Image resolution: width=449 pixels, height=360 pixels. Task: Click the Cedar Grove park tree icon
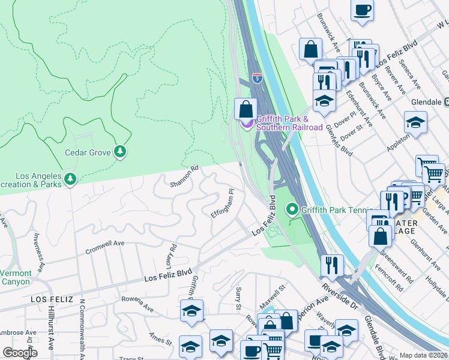(121, 152)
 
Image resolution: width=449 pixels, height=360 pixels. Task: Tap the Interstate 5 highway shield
(258, 78)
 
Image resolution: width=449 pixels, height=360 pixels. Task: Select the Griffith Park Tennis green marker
(293, 209)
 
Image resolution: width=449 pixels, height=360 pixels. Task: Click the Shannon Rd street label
(184, 176)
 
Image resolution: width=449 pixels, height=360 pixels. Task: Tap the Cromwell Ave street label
(104, 248)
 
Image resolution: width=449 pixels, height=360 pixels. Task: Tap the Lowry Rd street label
(172, 256)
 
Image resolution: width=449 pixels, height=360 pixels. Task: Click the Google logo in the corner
(20, 353)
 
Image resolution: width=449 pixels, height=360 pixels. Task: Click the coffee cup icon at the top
(363, 11)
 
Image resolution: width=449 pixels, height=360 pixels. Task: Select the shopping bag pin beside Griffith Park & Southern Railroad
(246, 110)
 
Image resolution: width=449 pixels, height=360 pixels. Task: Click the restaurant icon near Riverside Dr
(331, 265)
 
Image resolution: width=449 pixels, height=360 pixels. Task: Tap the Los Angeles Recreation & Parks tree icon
(70, 179)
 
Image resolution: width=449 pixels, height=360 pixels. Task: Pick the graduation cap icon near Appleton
(415, 123)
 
